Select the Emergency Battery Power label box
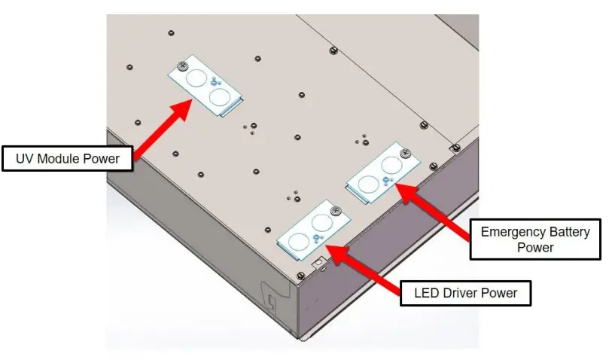click(x=535, y=239)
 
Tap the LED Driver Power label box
click(x=465, y=291)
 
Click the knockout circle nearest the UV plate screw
click(x=195, y=77)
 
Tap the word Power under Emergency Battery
click(x=535, y=247)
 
